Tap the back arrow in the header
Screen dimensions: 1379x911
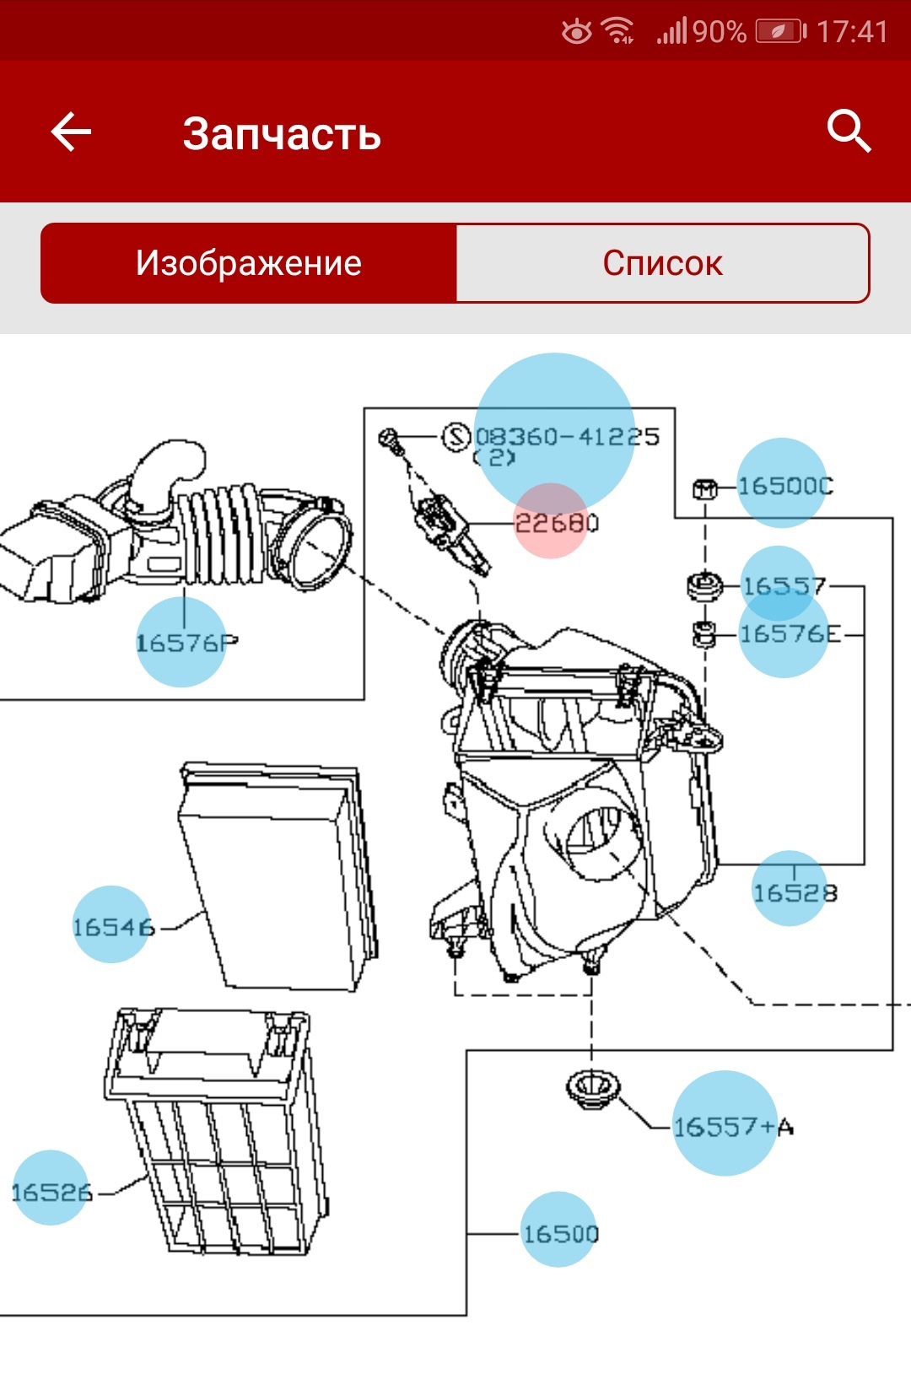pos(71,132)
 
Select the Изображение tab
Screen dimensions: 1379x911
pos(249,263)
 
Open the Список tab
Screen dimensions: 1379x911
pos(662,263)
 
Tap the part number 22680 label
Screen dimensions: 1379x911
pos(556,523)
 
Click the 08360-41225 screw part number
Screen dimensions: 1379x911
pos(567,437)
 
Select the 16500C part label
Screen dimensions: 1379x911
pos(784,486)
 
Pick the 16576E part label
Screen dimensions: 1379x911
pos(790,634)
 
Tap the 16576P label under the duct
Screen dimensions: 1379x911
pos(186,644)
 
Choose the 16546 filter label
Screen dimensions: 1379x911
pos(113,927)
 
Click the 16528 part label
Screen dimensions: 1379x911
pos(794,892)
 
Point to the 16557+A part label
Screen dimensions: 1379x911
pos(732,1126)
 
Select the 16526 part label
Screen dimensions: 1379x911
pos(51,1192)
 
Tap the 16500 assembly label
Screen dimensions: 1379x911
pos(560,1234)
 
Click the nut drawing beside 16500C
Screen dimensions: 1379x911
pos(704,487)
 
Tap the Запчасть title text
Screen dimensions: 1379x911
pos(282,133)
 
